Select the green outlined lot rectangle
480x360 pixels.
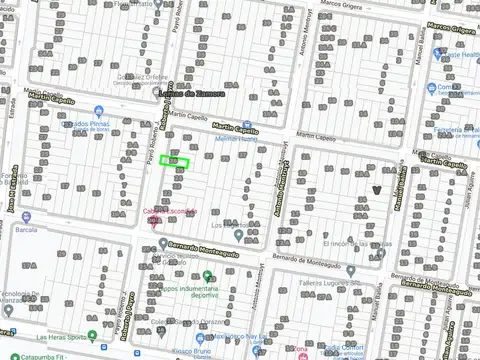click(x=175, y=163)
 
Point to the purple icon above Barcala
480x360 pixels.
click(x=25, y=215)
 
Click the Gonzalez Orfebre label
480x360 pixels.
click(x=140, y=76)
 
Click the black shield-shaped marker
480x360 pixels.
click(x=377, y=188)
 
